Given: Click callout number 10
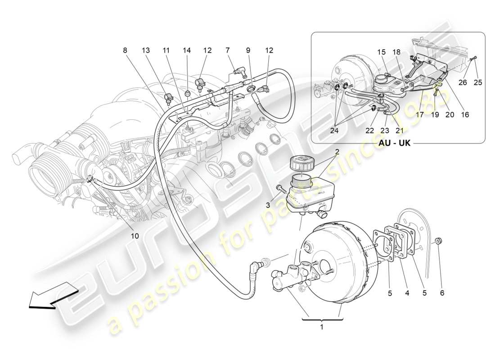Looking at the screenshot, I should (x=135, y=236).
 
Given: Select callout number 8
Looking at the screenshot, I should (x=125, y=50).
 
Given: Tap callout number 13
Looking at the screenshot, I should (x=146, y=50).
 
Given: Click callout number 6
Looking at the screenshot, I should (x=442, y=292).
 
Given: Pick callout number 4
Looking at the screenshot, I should (x=407, y=292).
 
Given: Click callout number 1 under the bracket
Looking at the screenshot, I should (x=321, y=327).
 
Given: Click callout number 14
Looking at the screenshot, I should (x=186, y=50).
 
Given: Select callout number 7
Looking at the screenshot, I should (x=228, y=50).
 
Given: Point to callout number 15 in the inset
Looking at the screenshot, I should (x=381, y=53).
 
